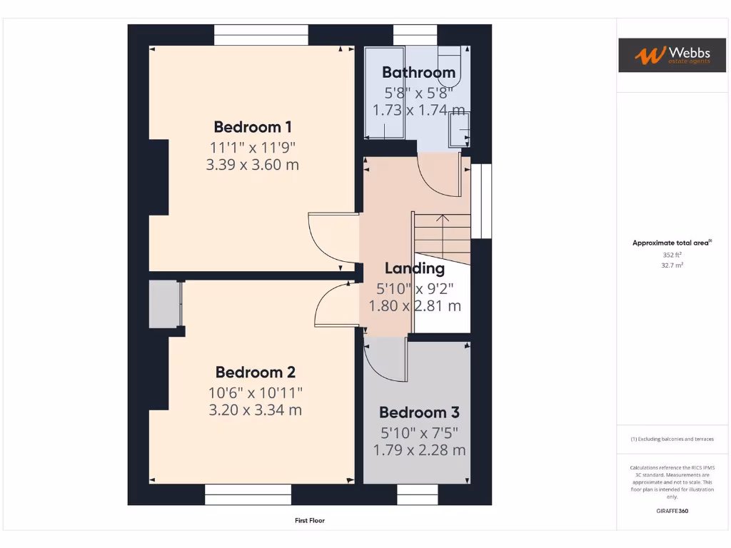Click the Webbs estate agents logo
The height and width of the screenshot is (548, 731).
[662, 55]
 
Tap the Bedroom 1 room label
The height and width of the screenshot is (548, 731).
[253, 127]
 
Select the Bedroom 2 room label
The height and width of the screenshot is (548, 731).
[255, 372]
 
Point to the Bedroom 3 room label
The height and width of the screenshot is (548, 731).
[419, 412]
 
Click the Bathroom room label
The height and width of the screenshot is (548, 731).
[418, 72]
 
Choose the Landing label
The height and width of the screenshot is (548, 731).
[415, 268]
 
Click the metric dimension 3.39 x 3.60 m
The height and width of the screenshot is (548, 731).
[253, 165]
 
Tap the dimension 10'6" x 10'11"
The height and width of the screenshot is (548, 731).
[256, 392]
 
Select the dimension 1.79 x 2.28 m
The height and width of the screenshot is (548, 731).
[419, 450]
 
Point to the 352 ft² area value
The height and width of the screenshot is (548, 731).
[672, 254]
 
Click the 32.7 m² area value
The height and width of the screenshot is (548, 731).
[672, 265]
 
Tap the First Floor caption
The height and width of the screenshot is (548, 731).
[310, 521]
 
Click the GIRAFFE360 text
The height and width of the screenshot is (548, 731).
[672, 511]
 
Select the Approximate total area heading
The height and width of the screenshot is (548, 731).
[671, 243]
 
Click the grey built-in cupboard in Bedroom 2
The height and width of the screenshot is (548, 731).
[164, 305]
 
